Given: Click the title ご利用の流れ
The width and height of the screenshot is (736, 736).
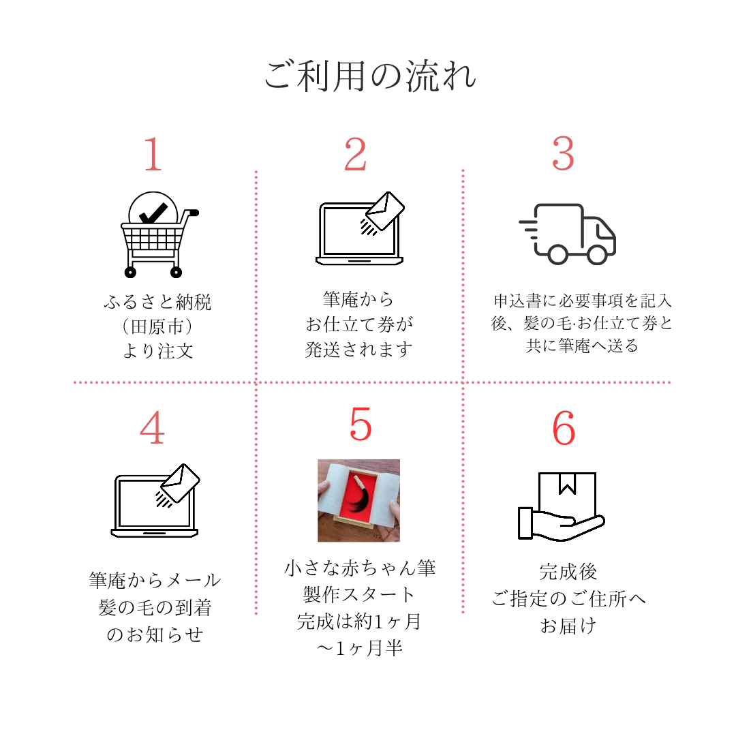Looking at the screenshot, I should click(370, 76).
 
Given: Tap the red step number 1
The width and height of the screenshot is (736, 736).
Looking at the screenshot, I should click(153, 155).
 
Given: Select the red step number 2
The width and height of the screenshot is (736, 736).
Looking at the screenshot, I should click(355, 155).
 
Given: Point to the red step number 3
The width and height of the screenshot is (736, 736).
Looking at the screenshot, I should click(563, 155).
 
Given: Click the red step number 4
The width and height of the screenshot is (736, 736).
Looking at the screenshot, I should click(152, 429).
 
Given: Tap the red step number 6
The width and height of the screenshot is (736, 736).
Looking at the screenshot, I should click(564, 429).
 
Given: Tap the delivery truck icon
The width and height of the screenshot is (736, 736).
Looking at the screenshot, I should click(568, 234).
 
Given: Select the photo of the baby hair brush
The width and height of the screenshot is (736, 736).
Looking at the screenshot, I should click(358, 500).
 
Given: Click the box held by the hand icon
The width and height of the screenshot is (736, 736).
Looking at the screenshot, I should click(567, 495).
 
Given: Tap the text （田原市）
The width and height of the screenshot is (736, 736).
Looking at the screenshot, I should click(157, 326).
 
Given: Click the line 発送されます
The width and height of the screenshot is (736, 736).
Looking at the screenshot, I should click(358, 350).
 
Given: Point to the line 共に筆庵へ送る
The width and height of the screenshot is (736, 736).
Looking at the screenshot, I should click(582, 346).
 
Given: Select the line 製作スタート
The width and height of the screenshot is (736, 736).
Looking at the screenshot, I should click(359, 594).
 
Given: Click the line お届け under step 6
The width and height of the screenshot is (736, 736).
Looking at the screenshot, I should click(568, 626).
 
